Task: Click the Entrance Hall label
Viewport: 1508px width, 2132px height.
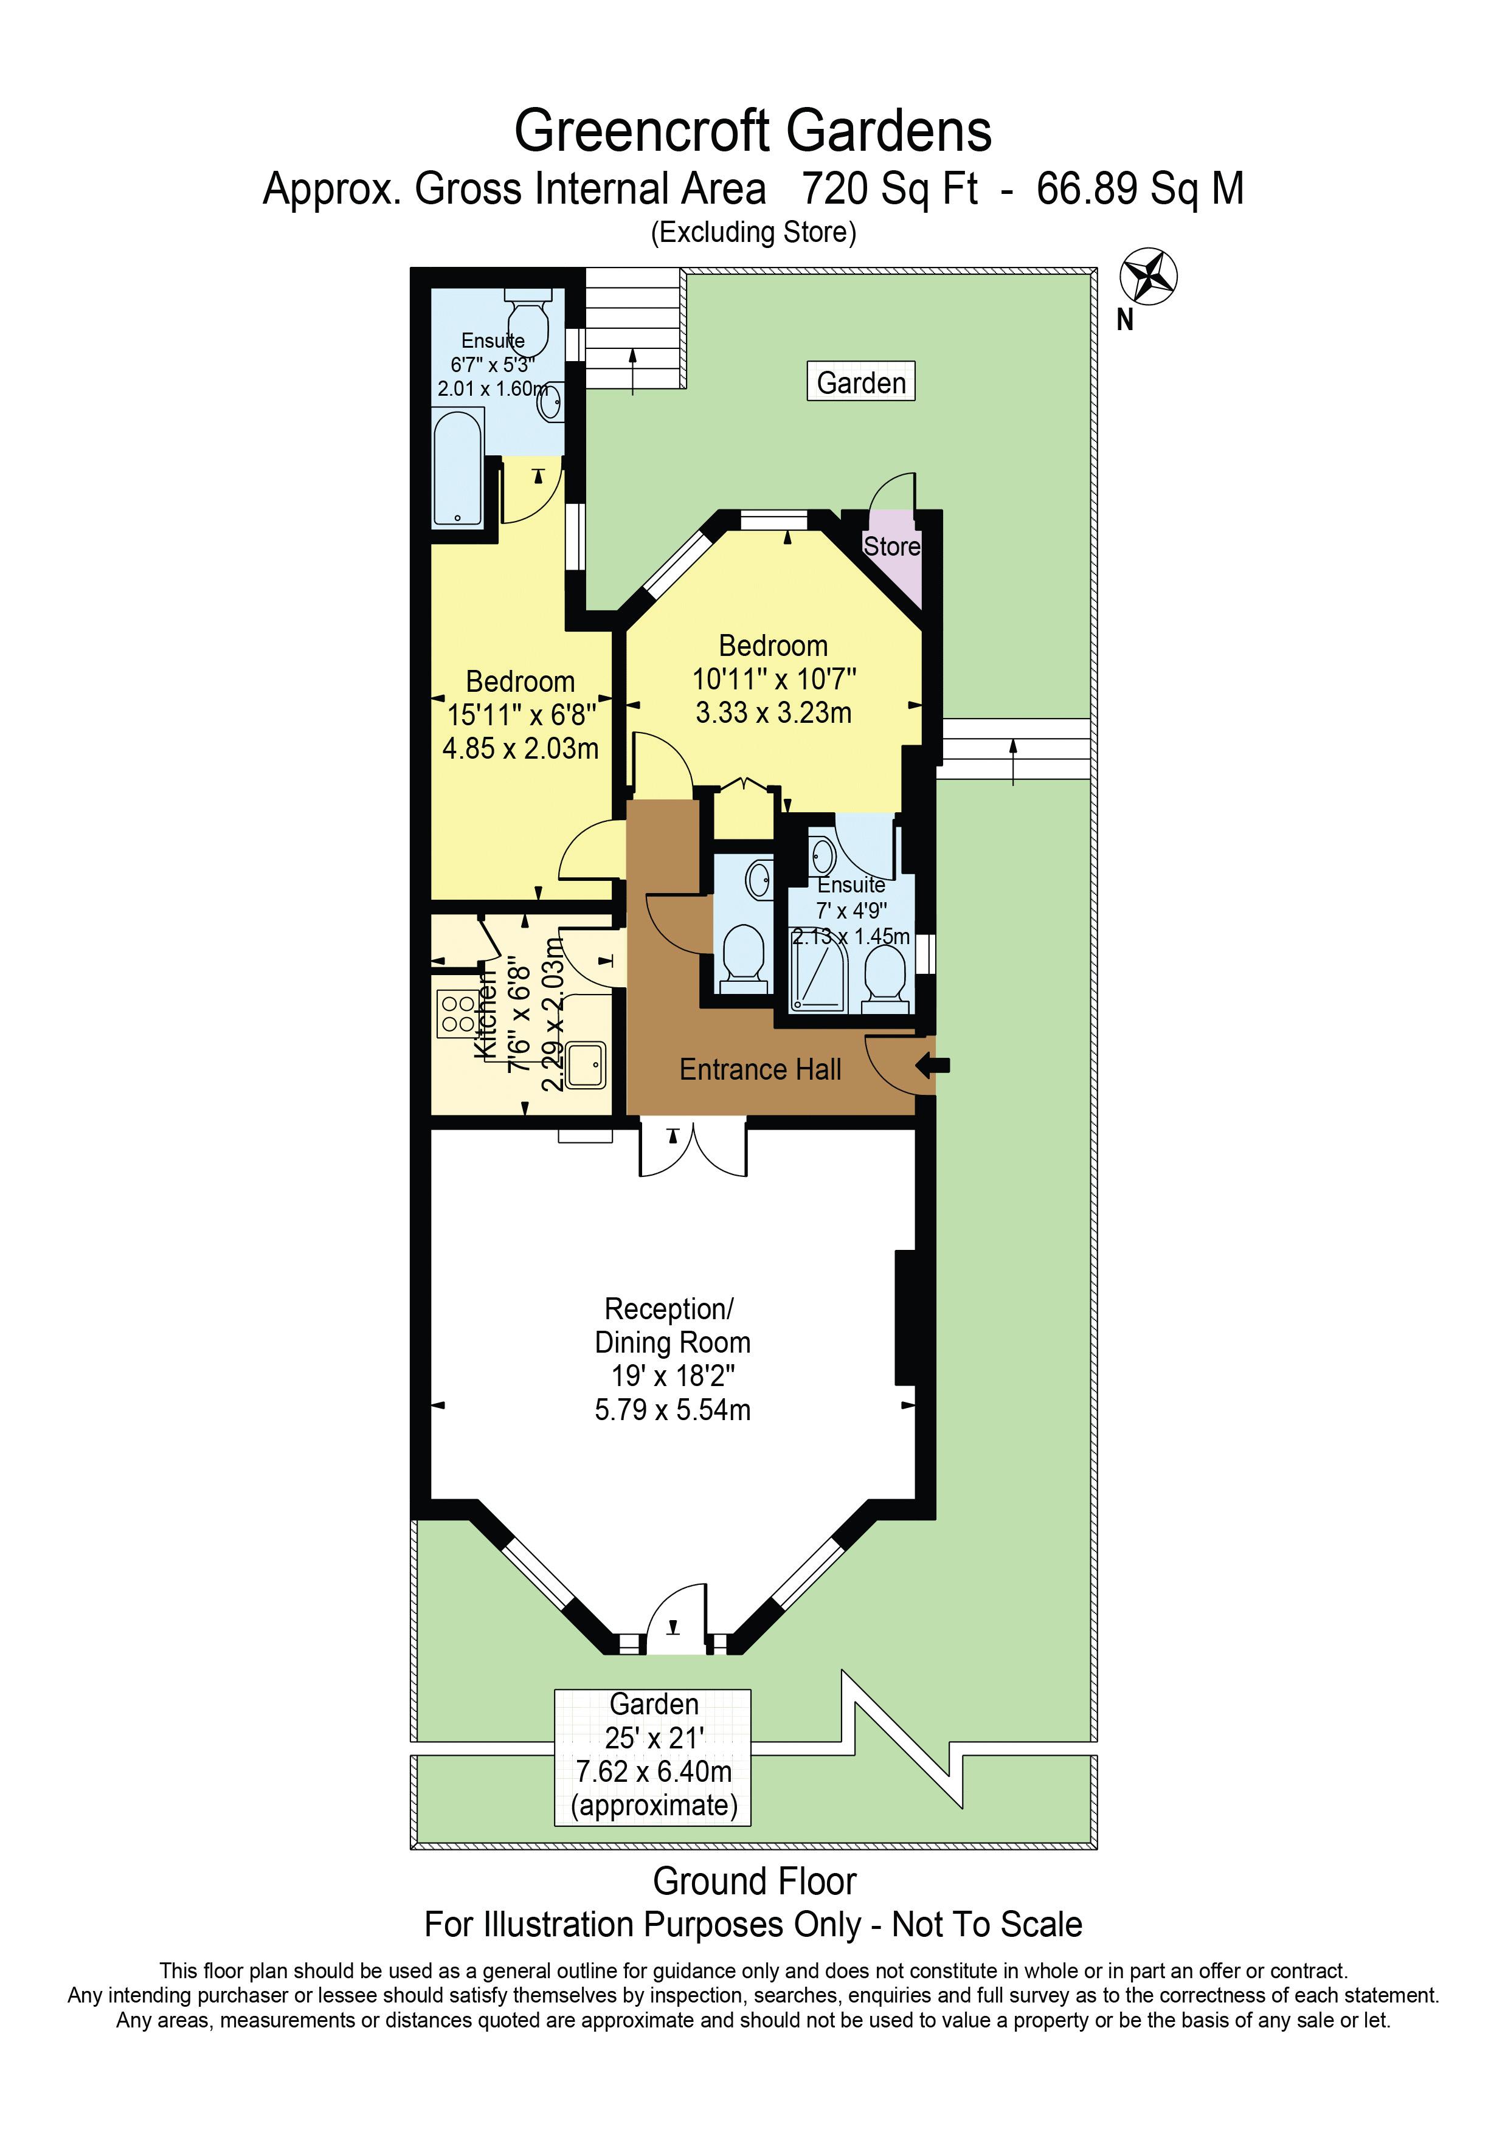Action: [761, 1070]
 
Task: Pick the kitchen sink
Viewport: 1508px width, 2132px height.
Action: [586, 1064]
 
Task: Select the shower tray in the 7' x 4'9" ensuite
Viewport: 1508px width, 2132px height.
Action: [817, 968]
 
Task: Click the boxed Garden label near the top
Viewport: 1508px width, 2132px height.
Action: [861, 382]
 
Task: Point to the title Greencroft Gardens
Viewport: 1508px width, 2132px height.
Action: [753, 131]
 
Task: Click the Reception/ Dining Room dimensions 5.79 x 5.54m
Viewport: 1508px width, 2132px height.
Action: [673, 1410]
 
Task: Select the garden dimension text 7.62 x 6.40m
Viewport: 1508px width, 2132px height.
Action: [654, 1771]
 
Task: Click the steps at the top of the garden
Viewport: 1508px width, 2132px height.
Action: [634, 329]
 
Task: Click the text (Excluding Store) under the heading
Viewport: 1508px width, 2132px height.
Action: [753, 232]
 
